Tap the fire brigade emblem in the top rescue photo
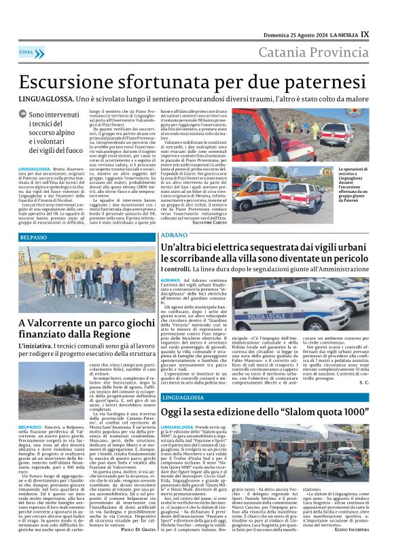tap(351, 113)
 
